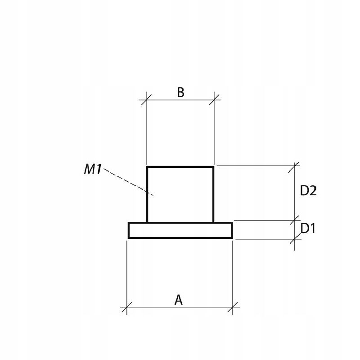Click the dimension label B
coord(181,93)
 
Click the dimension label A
coord(178,300)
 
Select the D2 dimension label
coord(308,190)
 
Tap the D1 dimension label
coord(308,229)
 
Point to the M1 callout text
coord(93,169)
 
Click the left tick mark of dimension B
coord(147,99)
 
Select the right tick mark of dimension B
coord(214,99)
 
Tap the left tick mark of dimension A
coord(127,307)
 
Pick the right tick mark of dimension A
coord(232,307)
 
